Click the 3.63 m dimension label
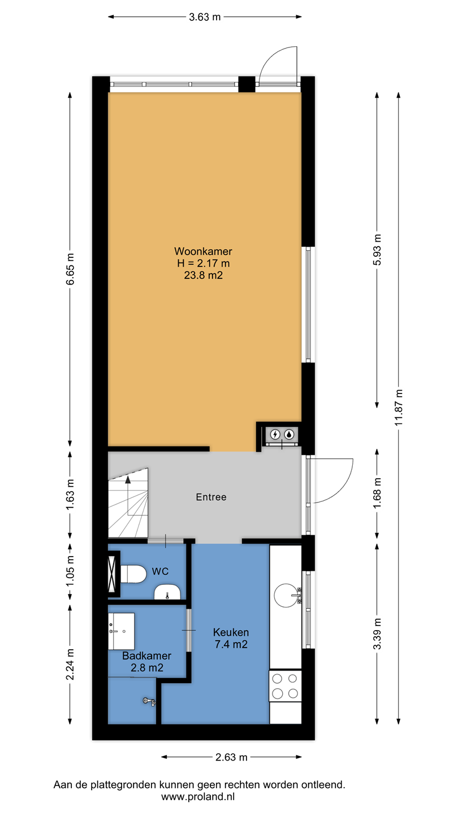pos(205,17)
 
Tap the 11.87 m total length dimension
pos(399,407)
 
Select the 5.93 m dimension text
pos(377,250)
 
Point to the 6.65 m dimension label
pos(70,269)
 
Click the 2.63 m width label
pos(231,757)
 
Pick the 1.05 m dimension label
pos(70,571)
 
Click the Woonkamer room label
pos(203,251)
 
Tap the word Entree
pos(211,497)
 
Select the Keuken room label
pos(231,632)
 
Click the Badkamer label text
pos(147,656)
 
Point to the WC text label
pos(161,571)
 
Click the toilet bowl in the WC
pos(133,574)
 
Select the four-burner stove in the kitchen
pos(286,686)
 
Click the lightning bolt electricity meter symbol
pos(275,434)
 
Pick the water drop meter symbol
pos(289,434)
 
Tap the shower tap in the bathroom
pos(149,702)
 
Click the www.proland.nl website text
pos(198,797)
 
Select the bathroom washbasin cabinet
pos(122,631)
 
